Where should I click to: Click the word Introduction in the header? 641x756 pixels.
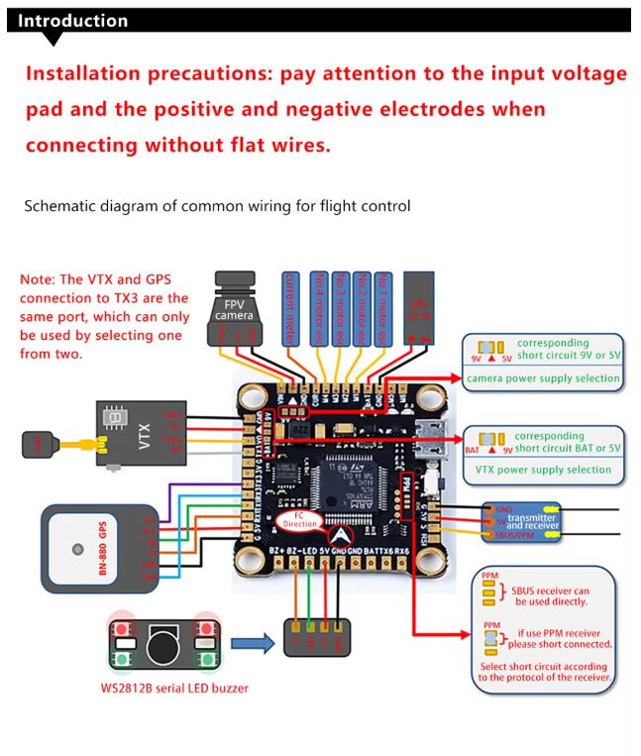pos(73,21)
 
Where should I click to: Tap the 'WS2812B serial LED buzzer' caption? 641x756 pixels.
pos(174,688)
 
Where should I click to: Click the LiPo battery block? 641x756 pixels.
pos(420,309)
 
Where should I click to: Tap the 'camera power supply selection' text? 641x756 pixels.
pos(543,378)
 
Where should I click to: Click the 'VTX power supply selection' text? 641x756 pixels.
pos(543,470)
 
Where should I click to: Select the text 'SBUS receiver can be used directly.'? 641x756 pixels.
pos(549,595)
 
